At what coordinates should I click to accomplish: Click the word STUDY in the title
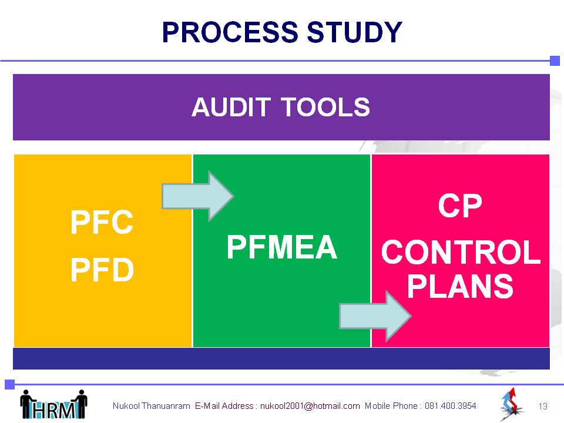tap(354, 32)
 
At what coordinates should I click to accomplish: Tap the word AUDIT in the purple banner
tap(231, 107)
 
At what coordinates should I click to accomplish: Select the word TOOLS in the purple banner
tap(325, 107)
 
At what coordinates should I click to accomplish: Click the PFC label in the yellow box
tap(102, 222)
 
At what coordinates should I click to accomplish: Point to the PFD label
tap(102, 270)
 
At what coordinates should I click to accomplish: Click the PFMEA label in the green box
tap(281, 247)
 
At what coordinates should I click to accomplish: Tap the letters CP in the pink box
tap(460, 206)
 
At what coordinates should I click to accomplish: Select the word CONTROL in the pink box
tap(461, 252)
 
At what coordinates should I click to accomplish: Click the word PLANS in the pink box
tap(460, 286)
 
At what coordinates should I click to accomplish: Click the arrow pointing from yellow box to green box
tap(198, 196)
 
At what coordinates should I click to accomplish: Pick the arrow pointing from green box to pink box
tap(375, 316)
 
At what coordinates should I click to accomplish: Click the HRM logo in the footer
tap(53, 405)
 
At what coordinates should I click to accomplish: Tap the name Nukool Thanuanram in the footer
tap(151, 406)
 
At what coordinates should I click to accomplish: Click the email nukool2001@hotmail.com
tap(310, 406)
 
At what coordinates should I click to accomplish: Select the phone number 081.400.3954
tap(451, 406)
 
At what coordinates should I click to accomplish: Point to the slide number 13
tap(543, 407)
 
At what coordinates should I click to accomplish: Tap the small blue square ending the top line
tap(555, 61)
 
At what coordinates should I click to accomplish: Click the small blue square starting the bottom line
tap(10, 384)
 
